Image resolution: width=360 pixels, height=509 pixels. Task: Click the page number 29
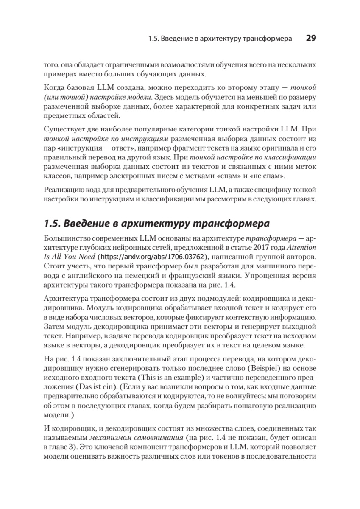(311, 38)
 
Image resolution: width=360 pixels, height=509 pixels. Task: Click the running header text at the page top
(220, 39)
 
